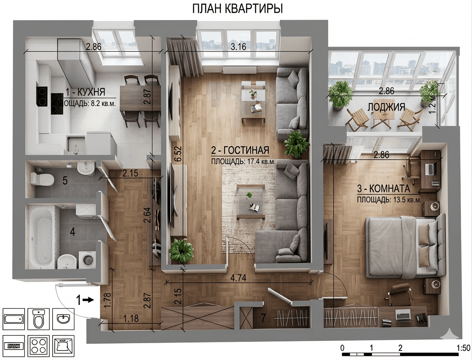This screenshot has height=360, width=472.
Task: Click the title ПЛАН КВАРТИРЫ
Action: tap(237, 9)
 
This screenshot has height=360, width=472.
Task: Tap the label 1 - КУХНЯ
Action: tap(85, 92)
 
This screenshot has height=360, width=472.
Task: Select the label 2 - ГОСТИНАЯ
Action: tap(240, 150)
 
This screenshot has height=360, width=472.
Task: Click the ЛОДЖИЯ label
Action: tap(386, 107)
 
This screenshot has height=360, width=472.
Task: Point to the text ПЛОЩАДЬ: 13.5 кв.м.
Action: tap(389, 200)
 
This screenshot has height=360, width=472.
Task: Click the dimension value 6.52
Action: tap(178, 154)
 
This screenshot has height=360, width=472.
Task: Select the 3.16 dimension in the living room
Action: tap(238, 47)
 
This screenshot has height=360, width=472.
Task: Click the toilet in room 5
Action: tap(42, 180)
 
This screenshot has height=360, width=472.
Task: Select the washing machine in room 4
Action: tap(87, 260)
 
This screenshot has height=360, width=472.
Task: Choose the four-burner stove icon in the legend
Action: tap(38, 346)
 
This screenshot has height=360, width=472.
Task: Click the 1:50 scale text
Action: tap(463, 348)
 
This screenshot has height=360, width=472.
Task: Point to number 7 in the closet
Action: tap(264, 318)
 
